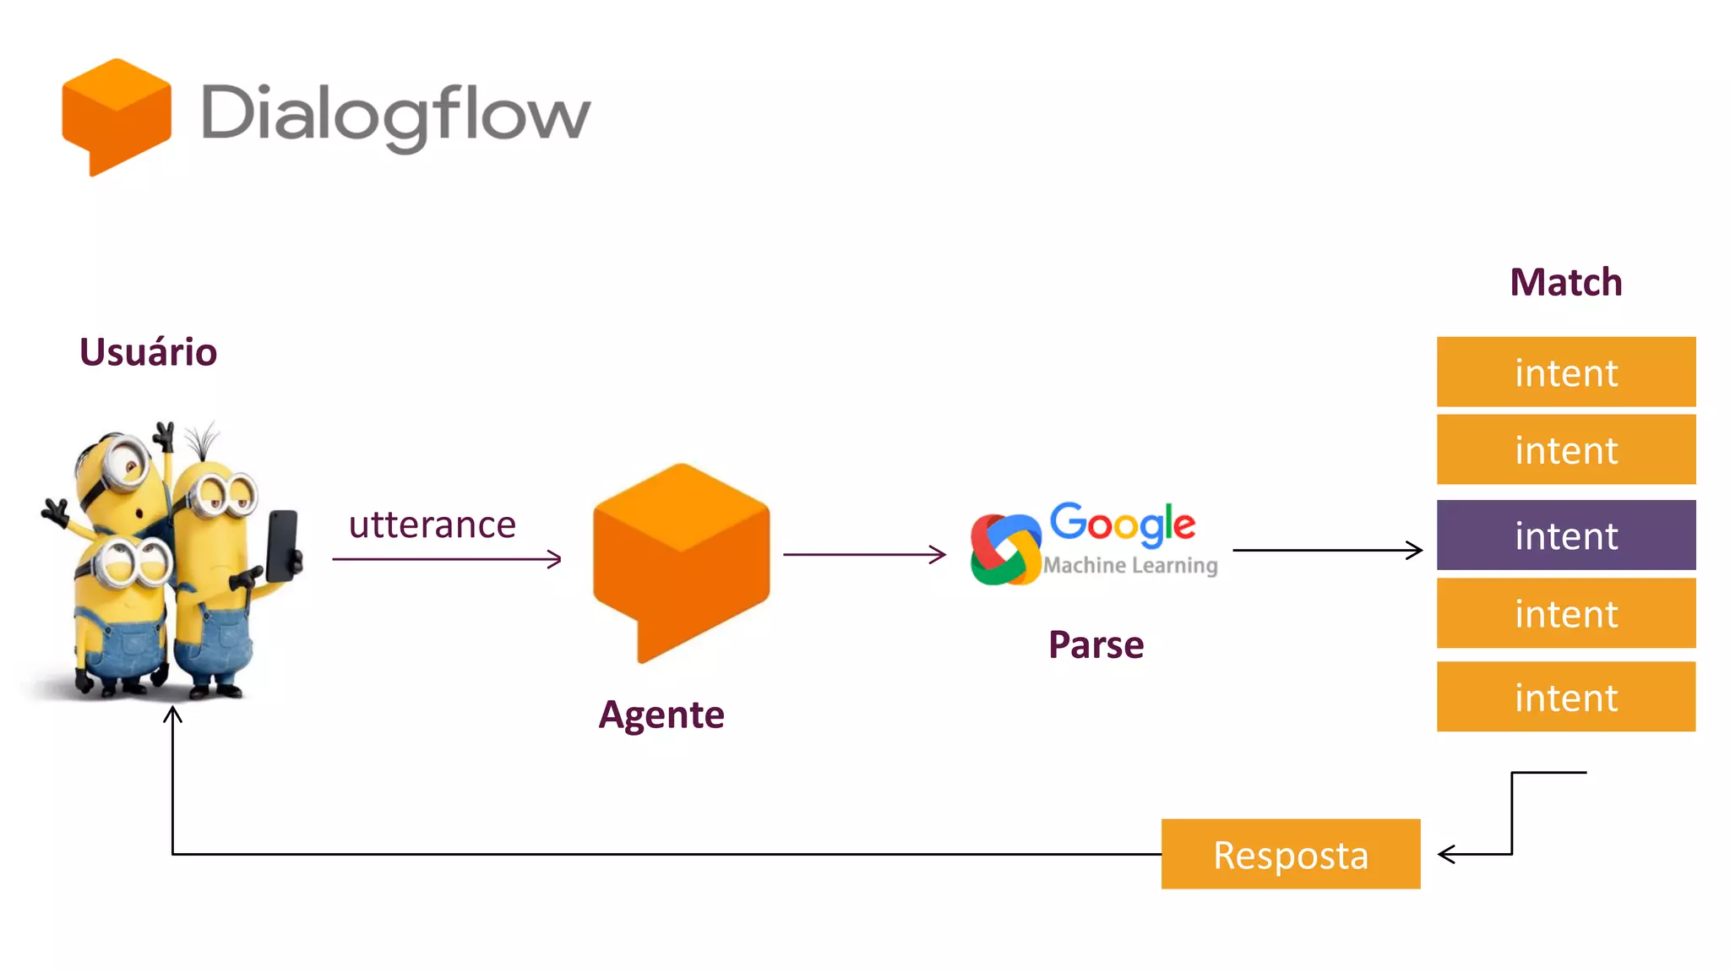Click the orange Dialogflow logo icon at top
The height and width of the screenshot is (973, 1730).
tap(117, 116)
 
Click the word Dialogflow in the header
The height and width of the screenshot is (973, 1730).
tap(395, 116)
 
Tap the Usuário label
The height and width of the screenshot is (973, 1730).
tap(148, 352)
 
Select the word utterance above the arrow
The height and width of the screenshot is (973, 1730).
tap(432, 525)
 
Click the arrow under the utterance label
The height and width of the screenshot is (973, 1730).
tap(447, 558)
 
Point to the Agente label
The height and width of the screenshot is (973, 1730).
tap(661, 715)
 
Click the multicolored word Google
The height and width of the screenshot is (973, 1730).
tap(1122, 524)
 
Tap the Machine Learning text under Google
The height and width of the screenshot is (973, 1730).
tap(1130, 565)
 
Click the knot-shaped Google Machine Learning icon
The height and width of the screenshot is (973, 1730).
tap(1004, 550)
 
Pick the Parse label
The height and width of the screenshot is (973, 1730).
tap(1096, 645)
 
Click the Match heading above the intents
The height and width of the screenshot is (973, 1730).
tap(1565, 282)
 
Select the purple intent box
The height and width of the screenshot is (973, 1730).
tap(1565, 535)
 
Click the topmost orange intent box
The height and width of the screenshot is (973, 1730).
tap(1565, 372)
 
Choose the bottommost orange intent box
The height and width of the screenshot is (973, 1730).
tap(1565, 697)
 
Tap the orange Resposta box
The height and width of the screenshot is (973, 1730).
tap(1290, 854)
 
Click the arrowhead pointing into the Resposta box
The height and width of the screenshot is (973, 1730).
tap(1446, 854)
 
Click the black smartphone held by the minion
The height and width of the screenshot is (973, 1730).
tap(282, 545)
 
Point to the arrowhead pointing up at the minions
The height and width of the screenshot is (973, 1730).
tap(172, 715)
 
